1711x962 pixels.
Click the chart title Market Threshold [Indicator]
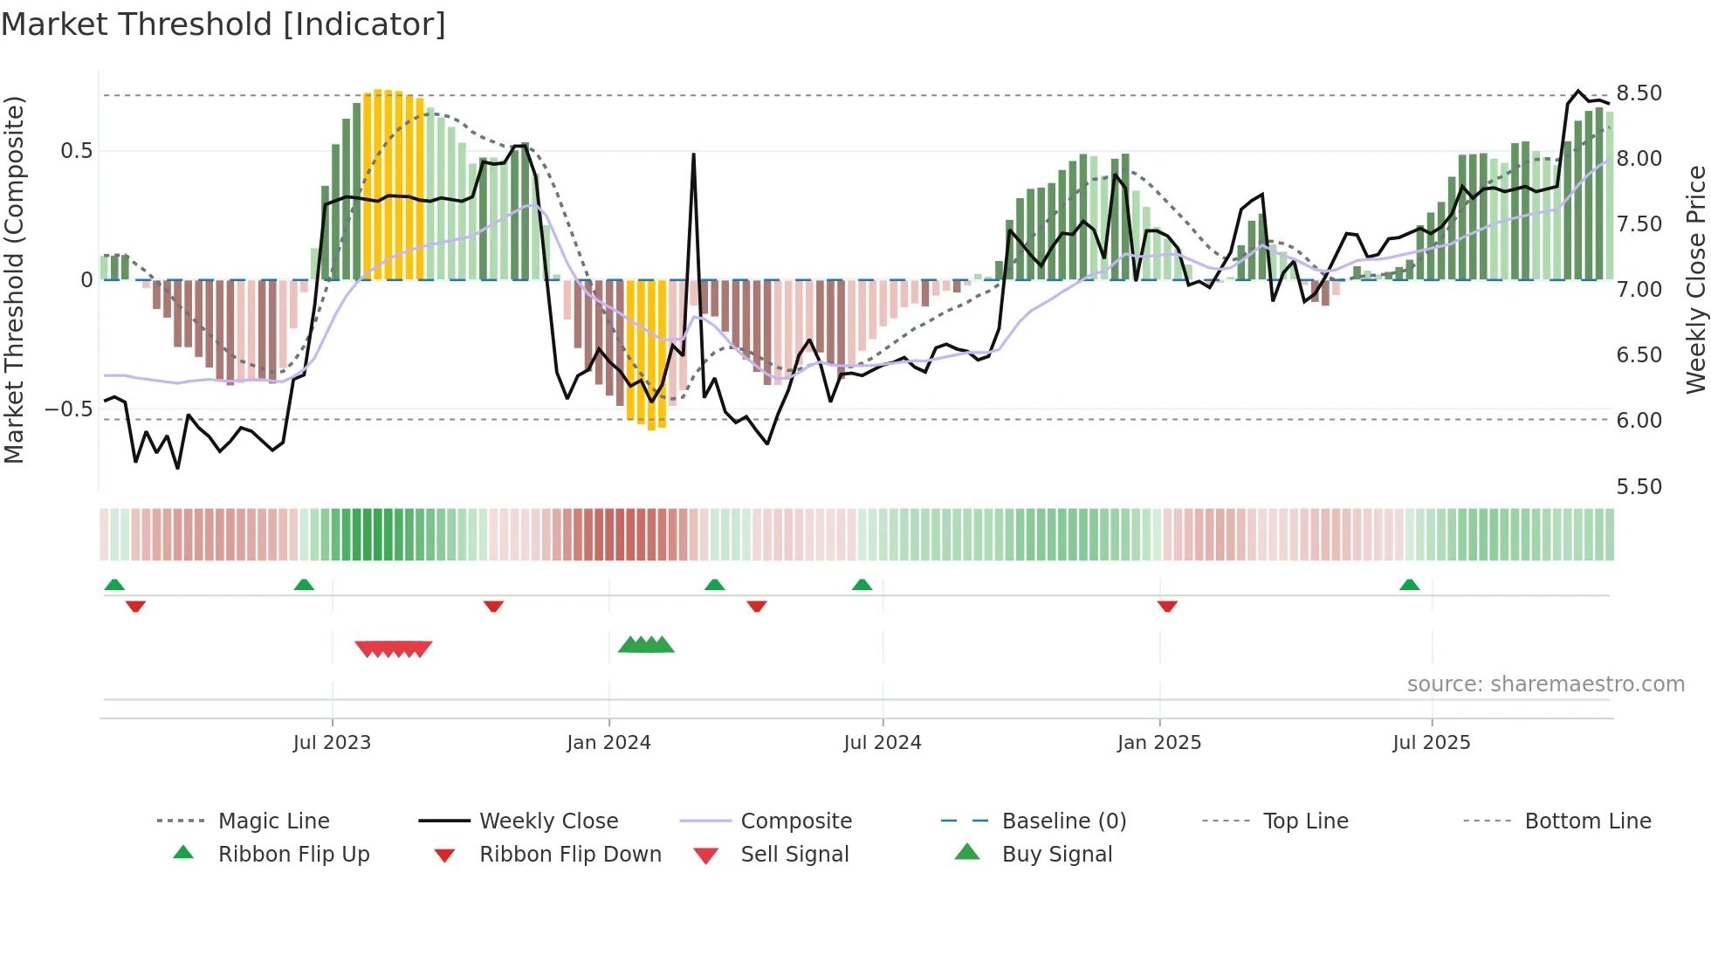(223, 24)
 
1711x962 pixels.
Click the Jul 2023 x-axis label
(332, 743)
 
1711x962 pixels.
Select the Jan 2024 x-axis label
(608, 743)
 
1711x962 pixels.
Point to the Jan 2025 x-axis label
(1159, 743)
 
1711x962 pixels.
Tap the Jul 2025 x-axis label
(1432, 743)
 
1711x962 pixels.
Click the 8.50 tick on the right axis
(1639, 93)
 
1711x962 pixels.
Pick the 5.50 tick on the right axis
(1639, 487)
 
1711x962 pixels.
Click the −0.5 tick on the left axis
(68, 409)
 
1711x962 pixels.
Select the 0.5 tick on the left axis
(76, 151)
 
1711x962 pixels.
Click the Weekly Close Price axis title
(1695, 279)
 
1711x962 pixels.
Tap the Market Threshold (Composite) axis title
(14, 279)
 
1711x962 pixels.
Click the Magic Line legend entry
(273, 821)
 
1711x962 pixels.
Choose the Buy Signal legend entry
(1056, 855)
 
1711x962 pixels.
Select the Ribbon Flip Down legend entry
(570, 855)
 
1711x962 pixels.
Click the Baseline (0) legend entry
(1063, 821)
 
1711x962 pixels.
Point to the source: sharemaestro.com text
(1545, 684)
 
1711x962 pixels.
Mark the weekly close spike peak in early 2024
(693, 155)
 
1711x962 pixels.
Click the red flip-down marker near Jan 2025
(1167, 606)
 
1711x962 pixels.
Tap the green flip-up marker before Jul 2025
(1409, 585)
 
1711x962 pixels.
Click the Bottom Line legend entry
(1587, 821)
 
